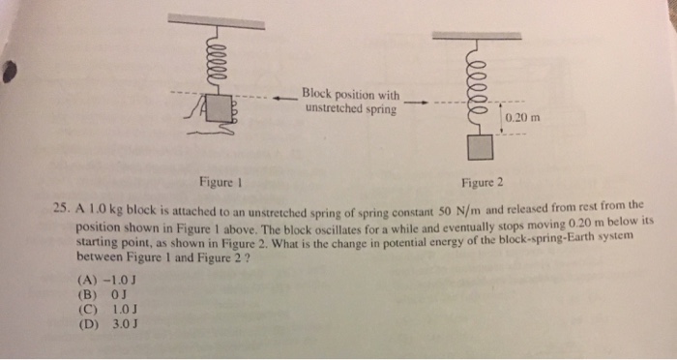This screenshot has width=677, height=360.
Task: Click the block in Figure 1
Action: (221, 107)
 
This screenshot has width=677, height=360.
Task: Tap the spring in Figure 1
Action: (215, 60)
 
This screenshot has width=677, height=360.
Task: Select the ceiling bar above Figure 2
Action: (481, 37)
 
